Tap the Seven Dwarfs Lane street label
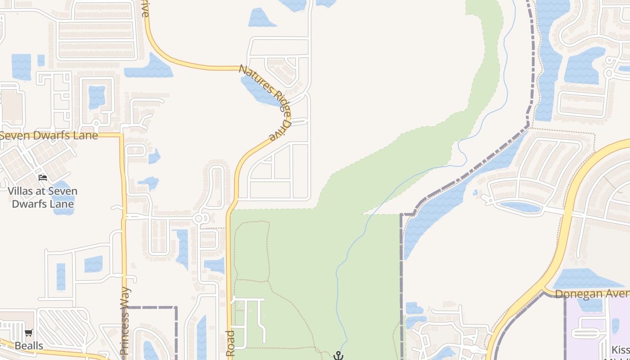coord(49,135)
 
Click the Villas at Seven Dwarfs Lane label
coord(42,197)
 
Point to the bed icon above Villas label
coord(43,177)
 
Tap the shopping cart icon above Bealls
coord(29,333)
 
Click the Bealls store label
coord(29,346)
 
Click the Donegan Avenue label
coord(592,294)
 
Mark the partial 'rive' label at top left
coord(144,9)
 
